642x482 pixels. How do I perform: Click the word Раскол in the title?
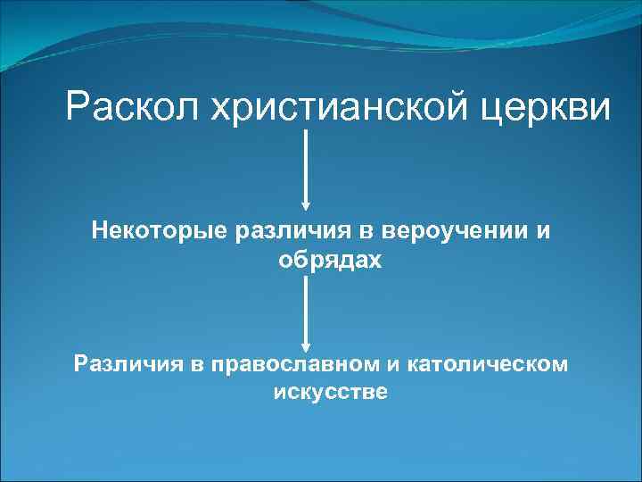[x=133, y=108]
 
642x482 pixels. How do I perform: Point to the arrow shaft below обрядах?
[x=307, y=308]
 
